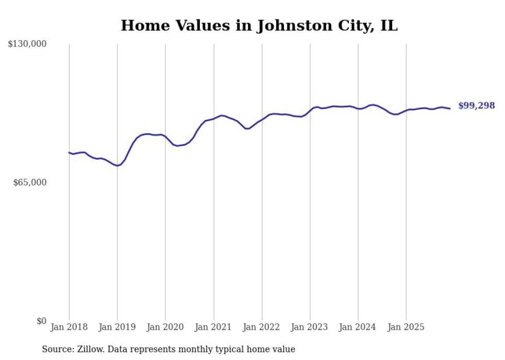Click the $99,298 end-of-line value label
pyautogui.click(x=476, y=106)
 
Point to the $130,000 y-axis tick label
pyautogui.click(x=27, y=44)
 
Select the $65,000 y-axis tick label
pyautogui.click(x=29, y=182)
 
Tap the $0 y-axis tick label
pyautogui.click(x=41, y=321)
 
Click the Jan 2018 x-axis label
pyautogui.click(x=69, y=327)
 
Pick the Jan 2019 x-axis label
pyautogui.click(x=117, y=327)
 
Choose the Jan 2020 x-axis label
pyautogui.click(x=165, y=327)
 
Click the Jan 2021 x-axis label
pyautogui.click(x=213, y=327)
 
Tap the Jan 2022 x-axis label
pyautogui.click(x=262, y=327)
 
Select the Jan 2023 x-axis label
pyautogui.click(x=310, y=327)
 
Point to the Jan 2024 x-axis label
pyautogui.click(x=358, y=327)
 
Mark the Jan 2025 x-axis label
pyautogui.click(x=406, y=327)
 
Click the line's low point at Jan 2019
pyautogui.click(x=117, y=166)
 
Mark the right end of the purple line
pyautogui.click(x=450, y=108)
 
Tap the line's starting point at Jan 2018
pyautogui.click(x=69, y=152)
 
